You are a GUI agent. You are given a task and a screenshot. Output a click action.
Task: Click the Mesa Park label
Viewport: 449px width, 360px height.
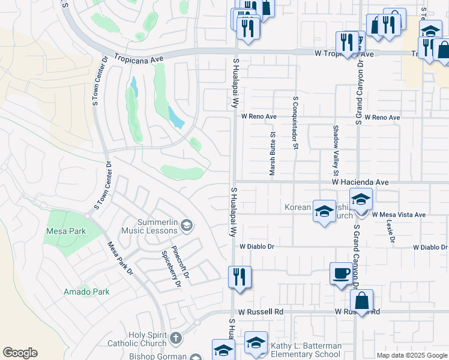pos(65,231)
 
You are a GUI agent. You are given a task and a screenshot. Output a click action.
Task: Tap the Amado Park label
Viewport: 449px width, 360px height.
pos(87,292)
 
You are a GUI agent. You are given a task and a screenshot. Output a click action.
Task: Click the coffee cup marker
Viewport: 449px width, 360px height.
pos(341,274)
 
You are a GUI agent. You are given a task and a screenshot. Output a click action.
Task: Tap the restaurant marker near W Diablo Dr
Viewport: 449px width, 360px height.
pos(239,277)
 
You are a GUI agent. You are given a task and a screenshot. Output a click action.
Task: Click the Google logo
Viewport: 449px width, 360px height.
pos(20,353)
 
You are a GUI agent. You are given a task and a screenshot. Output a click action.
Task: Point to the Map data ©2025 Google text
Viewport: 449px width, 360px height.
pos(412,355)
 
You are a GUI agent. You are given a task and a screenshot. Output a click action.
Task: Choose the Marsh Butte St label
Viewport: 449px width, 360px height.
pos(272,154)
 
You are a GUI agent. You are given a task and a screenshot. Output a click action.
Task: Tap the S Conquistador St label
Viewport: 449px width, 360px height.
pos(295,122)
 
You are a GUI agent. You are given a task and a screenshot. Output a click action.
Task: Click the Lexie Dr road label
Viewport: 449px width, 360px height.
pos(391,230)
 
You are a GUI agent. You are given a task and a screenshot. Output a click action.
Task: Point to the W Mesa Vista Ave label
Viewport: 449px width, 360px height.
pos(399,214)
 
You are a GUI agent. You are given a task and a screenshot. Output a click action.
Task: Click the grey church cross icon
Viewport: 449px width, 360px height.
pos(175,337)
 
